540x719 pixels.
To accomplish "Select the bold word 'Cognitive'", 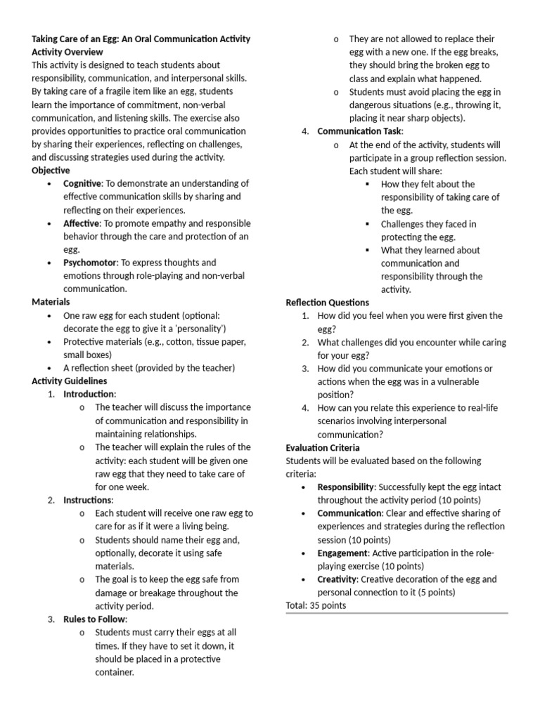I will pos(82,183).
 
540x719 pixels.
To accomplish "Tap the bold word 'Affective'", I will pos(81,223).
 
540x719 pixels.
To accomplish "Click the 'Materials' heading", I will pos(51,302).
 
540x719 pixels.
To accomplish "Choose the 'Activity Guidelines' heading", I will pos(70,381).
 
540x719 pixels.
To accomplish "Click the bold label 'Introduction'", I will pos(89,394).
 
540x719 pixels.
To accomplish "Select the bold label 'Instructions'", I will pos(87,500).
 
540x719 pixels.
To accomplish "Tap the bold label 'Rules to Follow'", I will pos(94,619).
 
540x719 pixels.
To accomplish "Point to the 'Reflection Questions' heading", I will pos(327,303).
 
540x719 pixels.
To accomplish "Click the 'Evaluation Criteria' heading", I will pos(323,447).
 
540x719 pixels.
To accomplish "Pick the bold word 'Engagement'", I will pos(342,553).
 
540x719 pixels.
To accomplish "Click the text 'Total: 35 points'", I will pos(316,605).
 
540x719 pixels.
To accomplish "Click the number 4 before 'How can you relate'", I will pos(305,407).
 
